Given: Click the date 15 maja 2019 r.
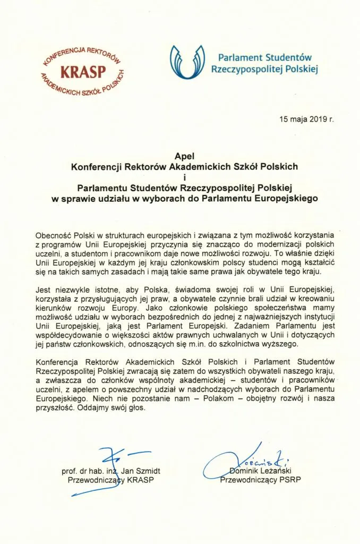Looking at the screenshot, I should [x=307, y=118].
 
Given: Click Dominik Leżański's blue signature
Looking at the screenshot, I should [x=244, y=460].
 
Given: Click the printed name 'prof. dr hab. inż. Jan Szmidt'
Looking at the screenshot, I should [x=110, y=471].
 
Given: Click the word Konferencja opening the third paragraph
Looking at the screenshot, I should [x=59, y=362].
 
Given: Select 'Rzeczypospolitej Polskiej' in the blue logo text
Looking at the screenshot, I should [x=264, y=69].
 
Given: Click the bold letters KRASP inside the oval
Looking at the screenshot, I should [x=83, y=71].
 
